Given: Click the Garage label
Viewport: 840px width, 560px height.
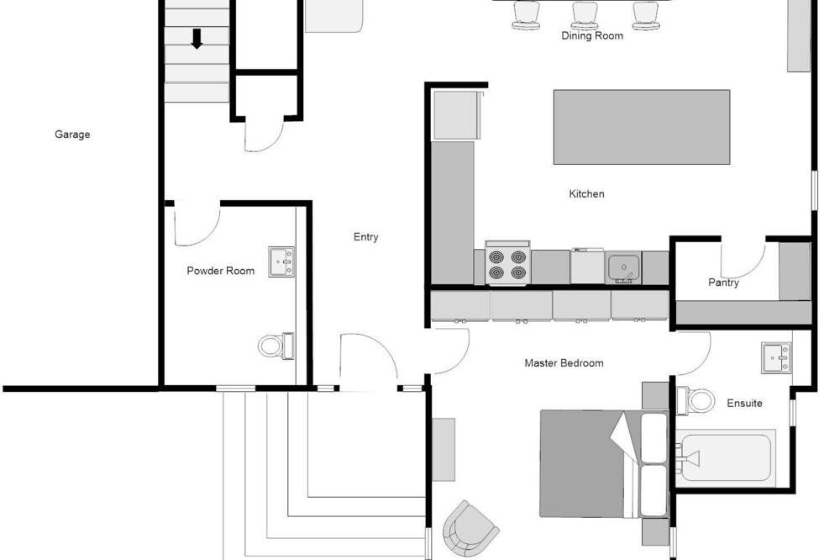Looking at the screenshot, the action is pos(72,135).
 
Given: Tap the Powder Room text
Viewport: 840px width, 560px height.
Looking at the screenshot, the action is pos(221,271).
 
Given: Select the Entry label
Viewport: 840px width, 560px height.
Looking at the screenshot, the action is pos(366,237).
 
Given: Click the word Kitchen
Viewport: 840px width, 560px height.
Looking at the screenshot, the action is pos(586,193).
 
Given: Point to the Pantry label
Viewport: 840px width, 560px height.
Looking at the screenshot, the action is pos(724,283).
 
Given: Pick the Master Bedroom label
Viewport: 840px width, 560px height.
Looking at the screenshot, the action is pos(564,363).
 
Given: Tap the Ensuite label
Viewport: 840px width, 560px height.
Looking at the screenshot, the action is pos(744,403).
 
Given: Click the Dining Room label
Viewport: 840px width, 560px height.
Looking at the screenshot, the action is pos(592,35).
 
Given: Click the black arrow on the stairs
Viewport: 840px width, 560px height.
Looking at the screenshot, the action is pos(197,39).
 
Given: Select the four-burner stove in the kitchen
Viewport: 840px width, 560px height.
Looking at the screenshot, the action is pos(507,263).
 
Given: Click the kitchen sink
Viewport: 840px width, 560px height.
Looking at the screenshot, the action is pos(623,267).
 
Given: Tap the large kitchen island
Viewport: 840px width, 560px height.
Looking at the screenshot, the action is pos(642,127).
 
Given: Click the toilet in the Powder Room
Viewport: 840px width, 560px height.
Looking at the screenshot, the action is pos(276,346).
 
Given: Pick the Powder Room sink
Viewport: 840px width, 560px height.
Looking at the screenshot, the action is pos(281,262).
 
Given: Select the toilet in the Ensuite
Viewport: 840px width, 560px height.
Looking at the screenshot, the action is pos(696,400).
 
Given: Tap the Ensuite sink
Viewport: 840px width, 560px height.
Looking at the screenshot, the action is pos(776,358).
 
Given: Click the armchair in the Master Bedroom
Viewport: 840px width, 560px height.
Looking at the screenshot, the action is pos(470,528).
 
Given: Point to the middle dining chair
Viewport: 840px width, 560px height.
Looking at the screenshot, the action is pos(585,16).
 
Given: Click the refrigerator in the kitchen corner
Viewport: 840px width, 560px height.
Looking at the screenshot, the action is pos(455,115).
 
